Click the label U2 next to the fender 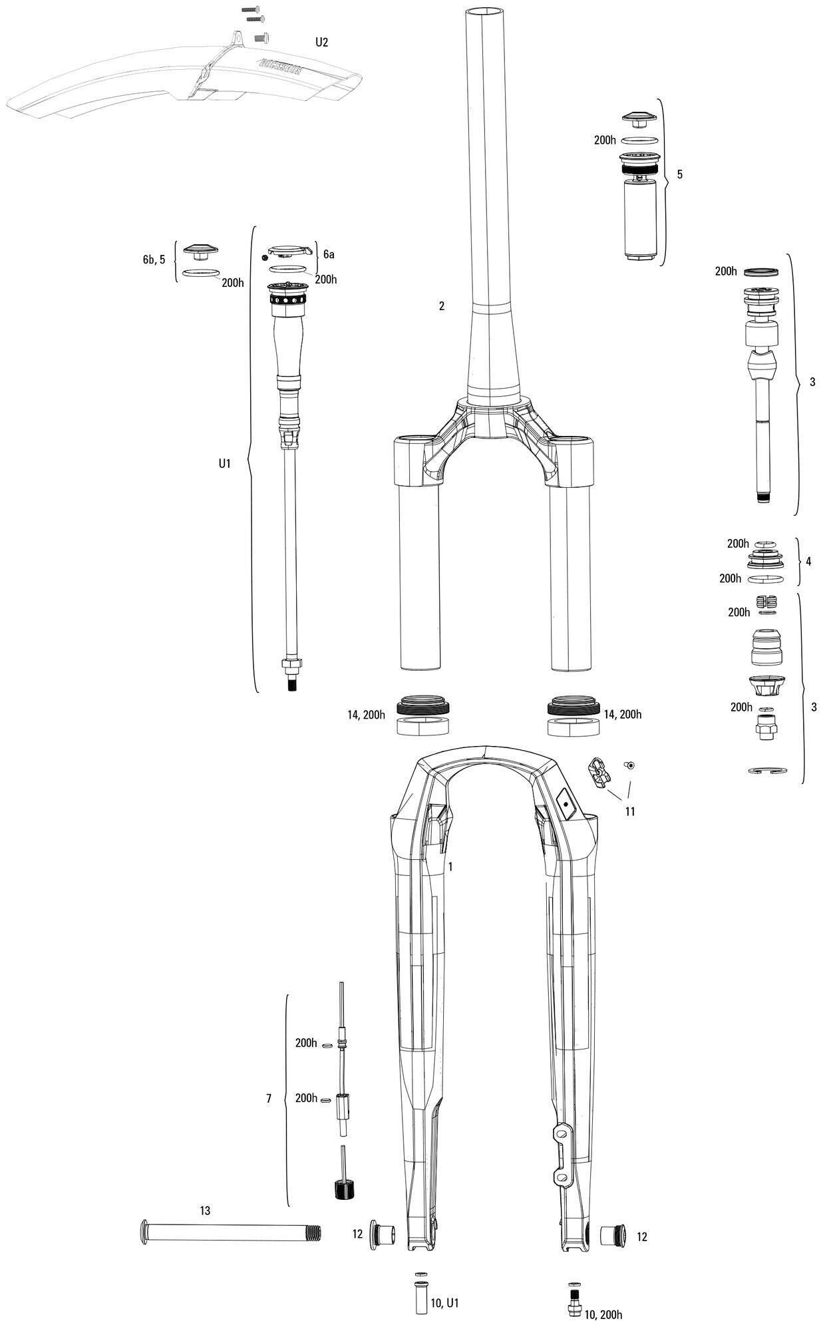pos(321,43)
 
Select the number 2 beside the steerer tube pos(441,306)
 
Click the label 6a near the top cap pos(329,254)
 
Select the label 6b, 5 pos(154,260)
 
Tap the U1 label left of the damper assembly pos(224,463)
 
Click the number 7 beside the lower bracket pos(269,1099)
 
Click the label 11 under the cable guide pos(629,811)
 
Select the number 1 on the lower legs pos(450,866)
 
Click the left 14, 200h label pos(366,715)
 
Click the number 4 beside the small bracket pos(808,561)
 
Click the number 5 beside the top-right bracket pos(679,174)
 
